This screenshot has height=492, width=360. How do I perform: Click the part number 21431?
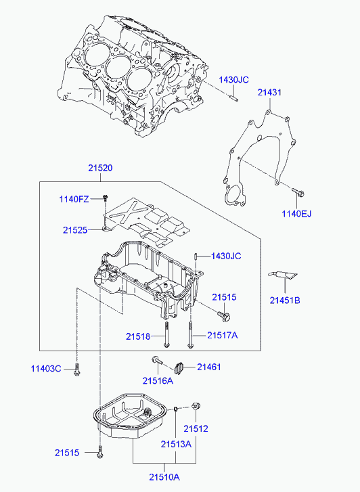pyautogui.click(x=269, y=92)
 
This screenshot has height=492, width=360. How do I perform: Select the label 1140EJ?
pyautogui.click(x=296, y=214)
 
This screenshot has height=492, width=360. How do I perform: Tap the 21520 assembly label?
pyautogui.click(x=100, y=168)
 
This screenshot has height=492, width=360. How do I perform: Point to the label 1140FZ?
pyautogui.click(x=74, y=199)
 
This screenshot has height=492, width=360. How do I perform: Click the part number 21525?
pyautogui.click(x=75, y=230)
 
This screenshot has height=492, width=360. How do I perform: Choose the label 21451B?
pyautogui.click(x=285, y=300)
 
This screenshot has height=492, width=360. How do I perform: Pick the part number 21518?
pyautogui.click(x=138, y=336)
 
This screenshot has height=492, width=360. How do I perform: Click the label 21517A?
pyautogui.click(x=223, y=336)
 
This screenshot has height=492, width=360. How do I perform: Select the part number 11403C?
pyautogui.click(x=46, y=368)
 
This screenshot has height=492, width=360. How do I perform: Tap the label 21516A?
pyautogui.click(x=158, y=380)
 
